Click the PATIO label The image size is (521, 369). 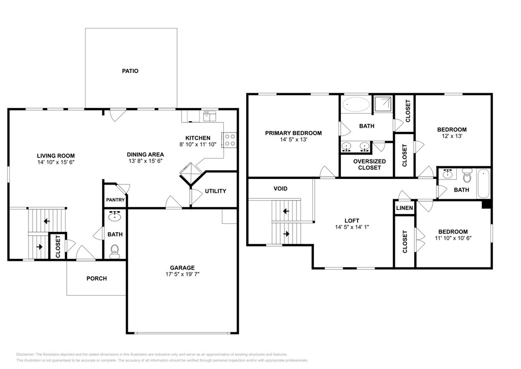[130, 71]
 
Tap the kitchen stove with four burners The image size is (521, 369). [229, 140]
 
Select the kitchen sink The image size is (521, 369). [210, 116]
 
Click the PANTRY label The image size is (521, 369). [115, 200]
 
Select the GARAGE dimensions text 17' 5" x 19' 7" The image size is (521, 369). [183, 275]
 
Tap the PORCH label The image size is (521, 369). [97, 278]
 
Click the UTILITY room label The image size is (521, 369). [215, 191]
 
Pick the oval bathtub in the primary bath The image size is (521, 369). [356, 104]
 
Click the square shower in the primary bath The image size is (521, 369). [383, 104]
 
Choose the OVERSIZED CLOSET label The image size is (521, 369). [369, 165]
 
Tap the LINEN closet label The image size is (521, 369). [404, 208]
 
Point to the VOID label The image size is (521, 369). [280, 189]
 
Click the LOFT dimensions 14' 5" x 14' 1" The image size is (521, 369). [352, 227]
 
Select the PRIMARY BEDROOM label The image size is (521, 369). [294, 133]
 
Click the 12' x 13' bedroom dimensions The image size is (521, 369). [452, 136]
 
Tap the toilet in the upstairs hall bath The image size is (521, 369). [467, 175]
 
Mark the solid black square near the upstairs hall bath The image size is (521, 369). [486, 204]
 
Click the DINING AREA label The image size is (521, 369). [145, 154]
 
